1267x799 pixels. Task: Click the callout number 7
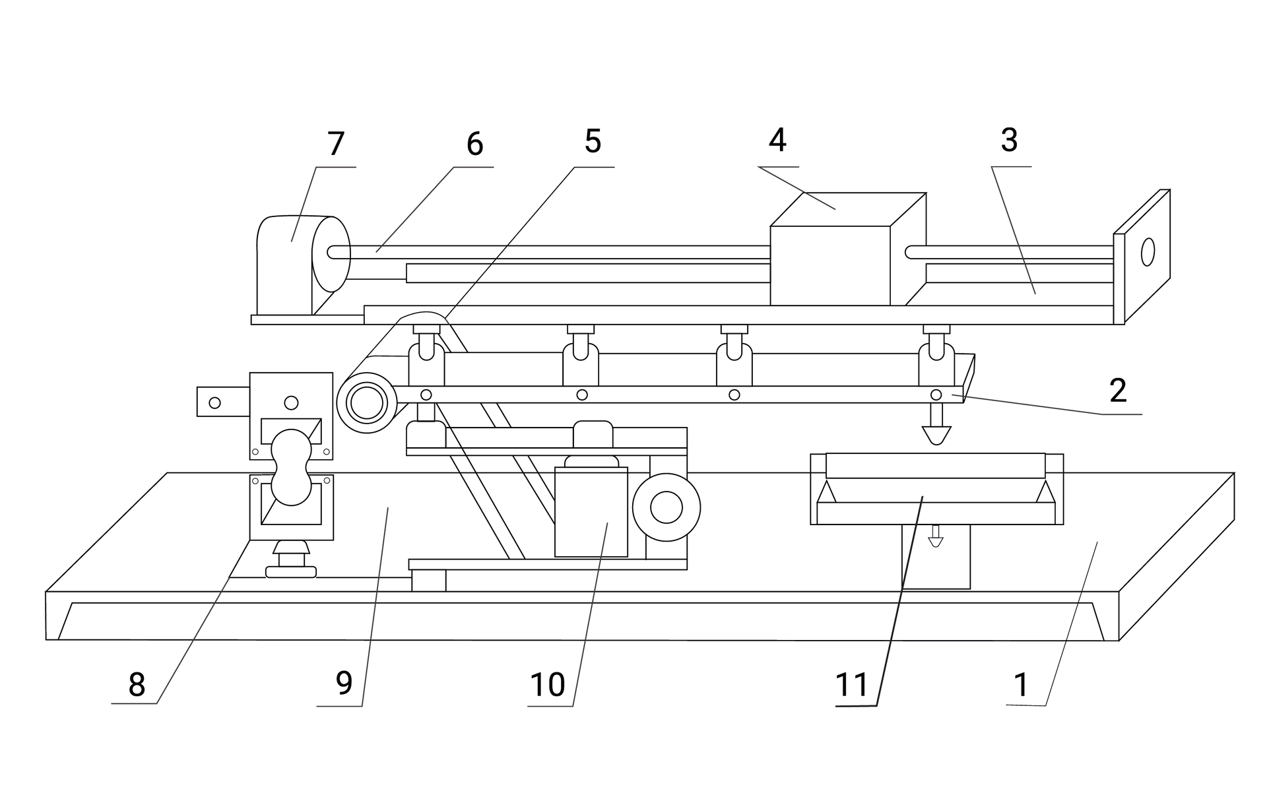point(336,144)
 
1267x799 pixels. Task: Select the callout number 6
point(474,144)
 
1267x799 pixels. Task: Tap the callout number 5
point(593,141)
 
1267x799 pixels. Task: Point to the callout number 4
point(777,140)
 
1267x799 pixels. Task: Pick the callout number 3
point(1009,140)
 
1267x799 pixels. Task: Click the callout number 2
point(1118,391)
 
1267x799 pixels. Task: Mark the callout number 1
point(1021,685)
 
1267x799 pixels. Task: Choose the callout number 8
point(137,685)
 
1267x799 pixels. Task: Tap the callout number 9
point(344,684)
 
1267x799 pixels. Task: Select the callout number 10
point(548,685)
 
